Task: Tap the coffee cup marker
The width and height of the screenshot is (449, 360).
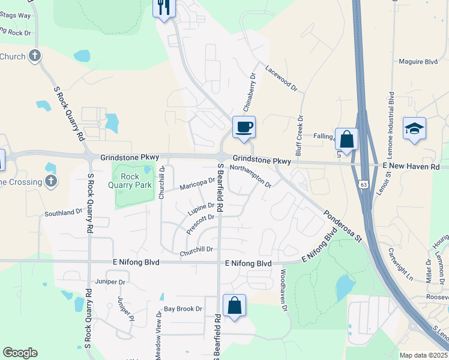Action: tap(244, 127)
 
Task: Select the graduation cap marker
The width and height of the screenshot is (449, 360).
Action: tap(415, 128)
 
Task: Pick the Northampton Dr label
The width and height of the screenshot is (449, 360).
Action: tap(251, 176)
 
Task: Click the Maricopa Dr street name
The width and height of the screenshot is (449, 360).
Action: tap(197, 184)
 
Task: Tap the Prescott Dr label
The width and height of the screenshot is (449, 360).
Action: tap(200, 224)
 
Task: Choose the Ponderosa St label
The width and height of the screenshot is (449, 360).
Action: tap(343, 226)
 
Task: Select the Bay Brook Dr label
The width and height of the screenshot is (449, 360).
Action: tap(184, 309)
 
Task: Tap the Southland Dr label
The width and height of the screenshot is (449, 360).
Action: tap(63, 213)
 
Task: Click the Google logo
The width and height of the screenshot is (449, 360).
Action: tap(20, 352)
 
